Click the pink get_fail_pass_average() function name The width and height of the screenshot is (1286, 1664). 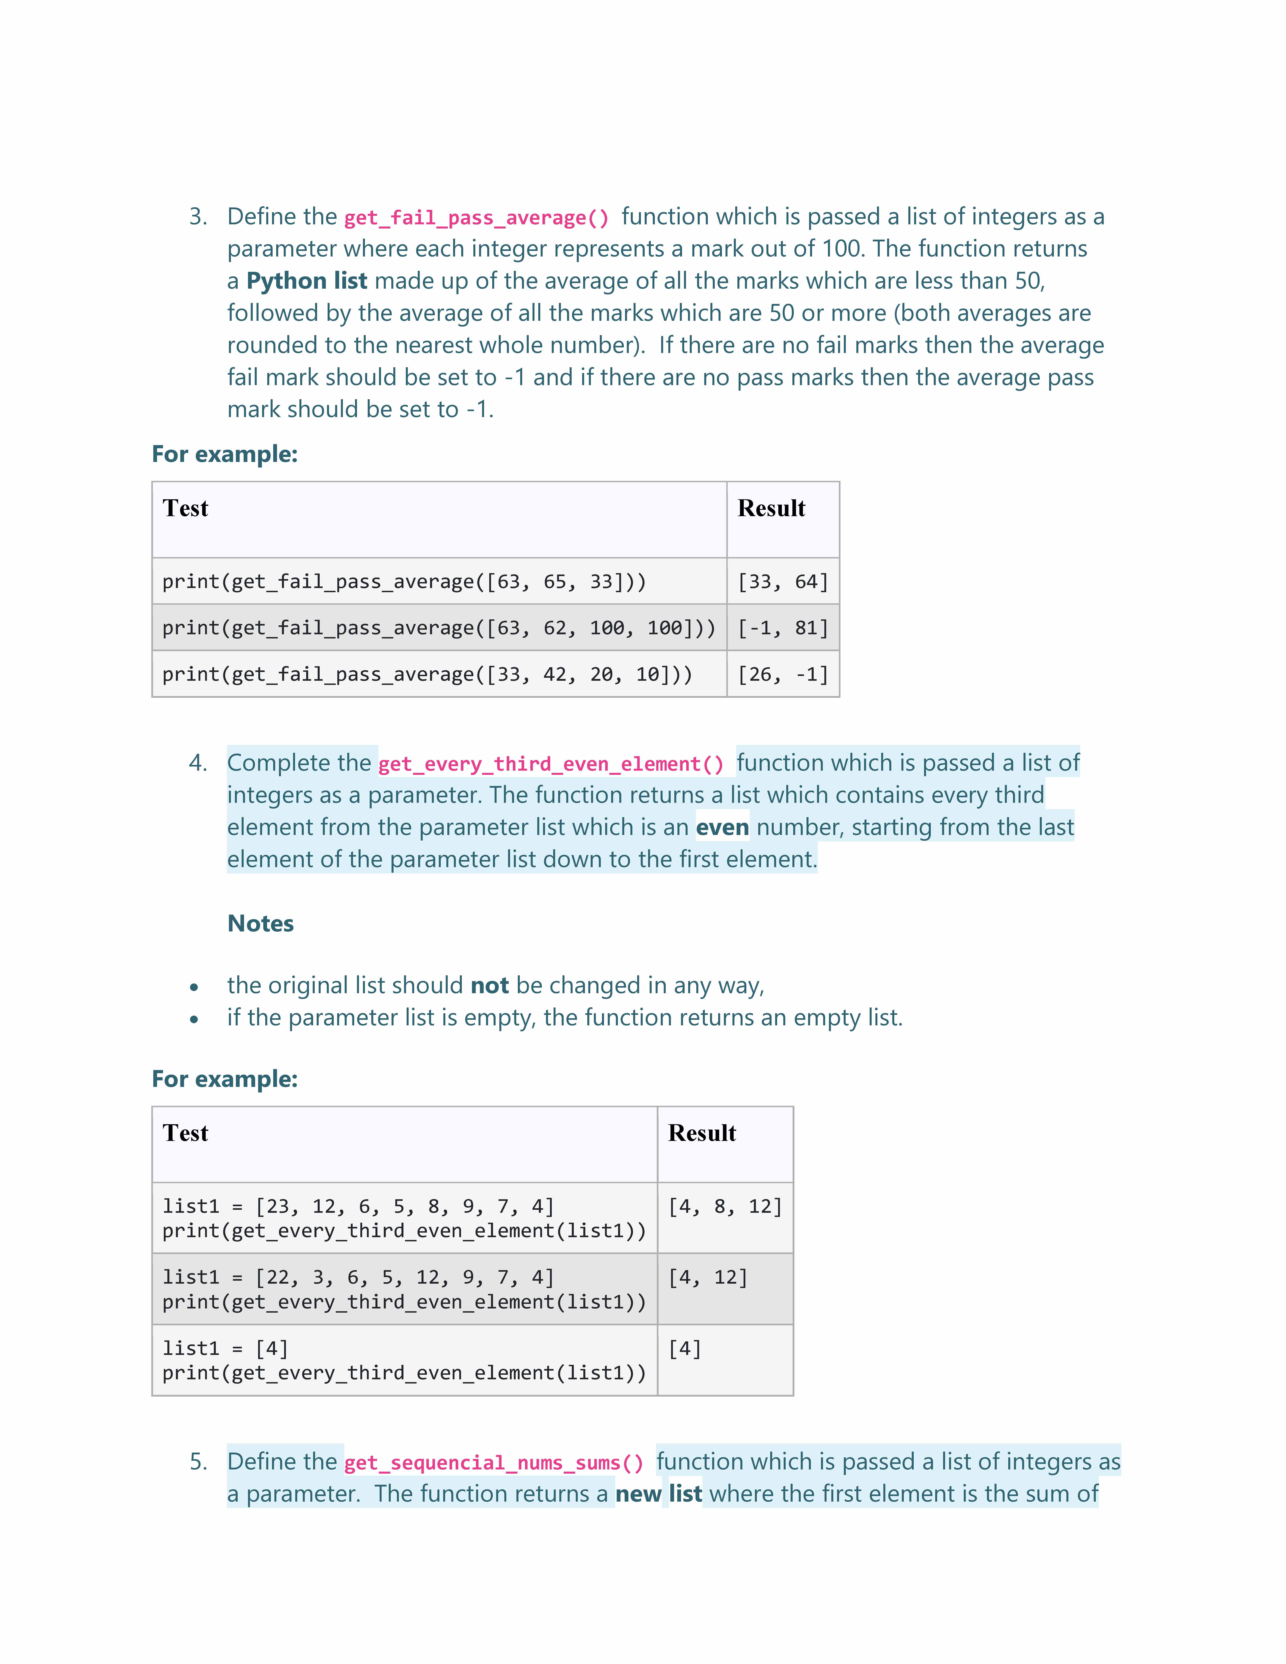click(x=476, y=218)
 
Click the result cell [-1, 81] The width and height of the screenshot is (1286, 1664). click(x=782, y=628)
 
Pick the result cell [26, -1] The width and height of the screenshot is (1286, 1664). click(x=782, y=674)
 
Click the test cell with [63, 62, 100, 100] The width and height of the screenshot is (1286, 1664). click(x=439, y=628)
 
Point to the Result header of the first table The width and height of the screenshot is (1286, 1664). click(x=771, y=508)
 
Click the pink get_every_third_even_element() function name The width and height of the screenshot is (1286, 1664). click(x=551, y=764)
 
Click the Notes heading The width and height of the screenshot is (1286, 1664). click(x=260, y=924)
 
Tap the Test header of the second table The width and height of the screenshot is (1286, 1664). click(x=185, y=1133)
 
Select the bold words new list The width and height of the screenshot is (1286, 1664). click(x=658, y=1494)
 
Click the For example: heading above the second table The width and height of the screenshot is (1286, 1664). click(x=225, y=1079)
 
